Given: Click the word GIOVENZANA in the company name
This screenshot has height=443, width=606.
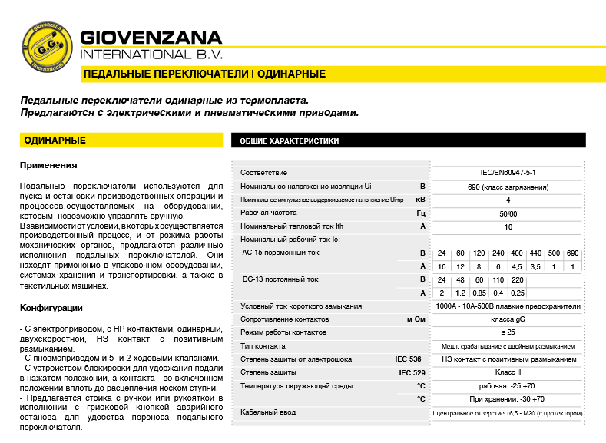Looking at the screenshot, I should point(151,38).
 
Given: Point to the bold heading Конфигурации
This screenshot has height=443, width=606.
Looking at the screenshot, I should point(51,308).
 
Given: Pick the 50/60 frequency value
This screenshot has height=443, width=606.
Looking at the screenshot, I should point(508,213).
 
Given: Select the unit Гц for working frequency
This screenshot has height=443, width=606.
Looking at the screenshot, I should point(420,213).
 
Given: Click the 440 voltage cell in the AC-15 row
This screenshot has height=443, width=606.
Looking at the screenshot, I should point(535,253).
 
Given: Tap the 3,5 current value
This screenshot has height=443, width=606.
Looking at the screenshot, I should point(535,266).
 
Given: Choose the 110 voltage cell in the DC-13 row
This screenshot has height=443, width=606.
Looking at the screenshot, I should point(498,279).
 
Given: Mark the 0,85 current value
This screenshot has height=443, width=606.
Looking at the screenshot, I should point(479,293).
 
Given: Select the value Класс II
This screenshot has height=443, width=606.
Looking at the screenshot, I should point(508,372).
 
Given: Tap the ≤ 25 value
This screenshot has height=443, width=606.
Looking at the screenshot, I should point(508,332).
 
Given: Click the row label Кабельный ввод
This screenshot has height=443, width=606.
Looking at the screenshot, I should point(268,412).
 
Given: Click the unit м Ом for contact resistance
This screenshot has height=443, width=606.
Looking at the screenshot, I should point(415,319).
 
